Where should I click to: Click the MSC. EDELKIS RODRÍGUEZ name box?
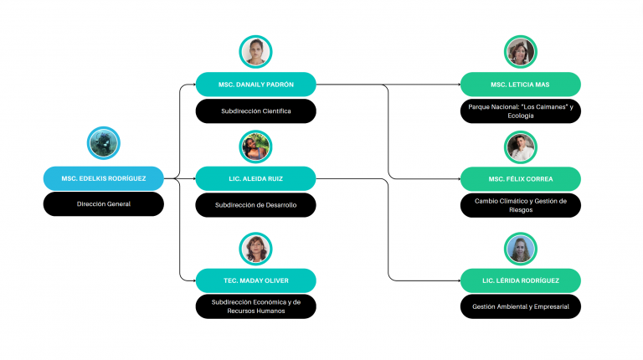(104, 177)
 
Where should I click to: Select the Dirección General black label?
(104, 204)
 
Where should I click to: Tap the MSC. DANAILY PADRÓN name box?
(255, 84)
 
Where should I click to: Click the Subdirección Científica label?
(255, 111)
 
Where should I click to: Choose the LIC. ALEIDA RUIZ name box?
(255, 177)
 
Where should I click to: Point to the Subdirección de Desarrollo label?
(255, 204)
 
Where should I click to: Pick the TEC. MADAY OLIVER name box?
(255, 280)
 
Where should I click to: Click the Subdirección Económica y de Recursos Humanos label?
(255, 306)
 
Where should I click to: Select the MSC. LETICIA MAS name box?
(520, 84)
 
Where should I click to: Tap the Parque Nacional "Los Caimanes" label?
(520, 111)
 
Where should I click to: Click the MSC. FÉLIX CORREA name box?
(520, 177)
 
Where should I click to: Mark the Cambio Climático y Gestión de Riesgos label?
(520, 204)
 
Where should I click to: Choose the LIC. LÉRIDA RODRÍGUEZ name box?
(520, 280)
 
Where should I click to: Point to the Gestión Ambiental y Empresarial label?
(520, 306)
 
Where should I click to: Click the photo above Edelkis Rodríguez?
(105, 143)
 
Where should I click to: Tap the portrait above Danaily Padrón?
(255, 52)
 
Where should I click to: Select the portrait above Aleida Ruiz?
(255, 147)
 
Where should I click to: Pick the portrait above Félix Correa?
(520, 147)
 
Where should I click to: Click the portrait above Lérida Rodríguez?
(520, 249)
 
